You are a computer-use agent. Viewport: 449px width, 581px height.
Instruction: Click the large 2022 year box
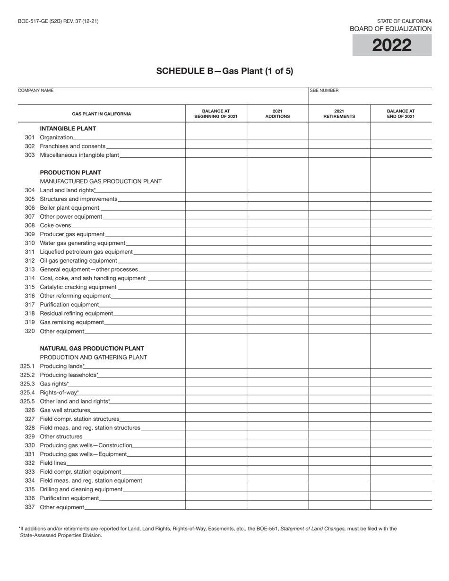click(x=392, y=45)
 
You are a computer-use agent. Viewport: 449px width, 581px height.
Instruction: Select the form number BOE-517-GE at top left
click(x=58, y=21)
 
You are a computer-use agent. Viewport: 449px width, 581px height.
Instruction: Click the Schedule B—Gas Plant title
click(x=224, y=71)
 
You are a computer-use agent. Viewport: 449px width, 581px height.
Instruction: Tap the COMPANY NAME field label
click(x=35, y=90)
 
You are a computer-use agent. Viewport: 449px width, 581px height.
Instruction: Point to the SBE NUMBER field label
click(x=324, y=90)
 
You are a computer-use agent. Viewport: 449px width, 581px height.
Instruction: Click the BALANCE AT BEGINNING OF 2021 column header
click(x=216, y=114)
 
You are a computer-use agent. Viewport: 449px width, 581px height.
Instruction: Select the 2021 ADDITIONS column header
click(x=277, y=114)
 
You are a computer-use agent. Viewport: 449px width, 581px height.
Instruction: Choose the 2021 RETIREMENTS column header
click(x=339, y=114)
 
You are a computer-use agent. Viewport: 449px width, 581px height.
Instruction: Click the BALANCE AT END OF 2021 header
click(x=401, y=114)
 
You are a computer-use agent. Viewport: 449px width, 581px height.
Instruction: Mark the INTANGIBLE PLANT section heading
click(x=68, y=128)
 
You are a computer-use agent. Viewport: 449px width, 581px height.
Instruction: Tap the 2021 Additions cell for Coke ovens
click(x=277, y=225)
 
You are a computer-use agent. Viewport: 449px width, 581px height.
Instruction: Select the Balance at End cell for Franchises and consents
click(x=401, y=146)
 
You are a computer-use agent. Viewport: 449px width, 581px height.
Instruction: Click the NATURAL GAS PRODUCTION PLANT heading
click(x=92, y=349)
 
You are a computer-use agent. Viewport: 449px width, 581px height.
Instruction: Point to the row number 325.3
click(x=27, y=384)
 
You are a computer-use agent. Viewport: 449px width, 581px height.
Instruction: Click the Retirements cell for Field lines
click(x=339, y=463)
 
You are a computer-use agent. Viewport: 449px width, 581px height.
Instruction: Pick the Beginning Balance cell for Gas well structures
click(x=216, y=410)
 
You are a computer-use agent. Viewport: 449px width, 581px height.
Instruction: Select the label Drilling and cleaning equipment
click(x=81, y=489)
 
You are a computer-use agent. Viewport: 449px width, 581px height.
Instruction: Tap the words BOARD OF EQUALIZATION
click(x=390, y=29)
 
